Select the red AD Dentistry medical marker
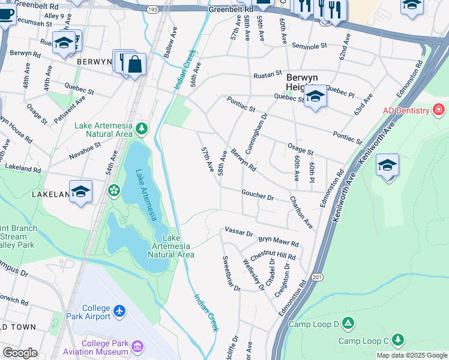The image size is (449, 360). tap(438, 110)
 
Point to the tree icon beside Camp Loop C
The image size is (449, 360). tap(397, 340)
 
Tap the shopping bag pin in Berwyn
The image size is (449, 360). tap(135, 64)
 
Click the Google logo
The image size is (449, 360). tap(20, 352)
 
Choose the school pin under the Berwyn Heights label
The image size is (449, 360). tap(315, 96)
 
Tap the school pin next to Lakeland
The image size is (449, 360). tap(80, 191)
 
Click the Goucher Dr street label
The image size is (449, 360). tap(258, 196)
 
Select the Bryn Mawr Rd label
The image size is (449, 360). tap(279, 241)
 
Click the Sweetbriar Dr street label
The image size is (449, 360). tap(232, 274)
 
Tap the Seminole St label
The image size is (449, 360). tap(309, 46)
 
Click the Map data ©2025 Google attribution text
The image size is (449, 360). tap(411, 355)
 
